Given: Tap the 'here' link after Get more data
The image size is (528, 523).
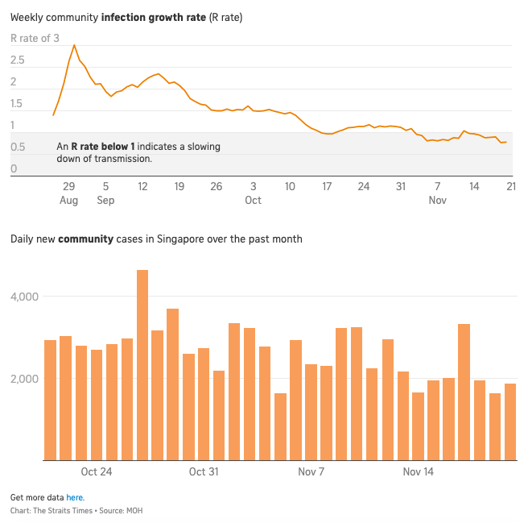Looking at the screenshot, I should tap(75, 497).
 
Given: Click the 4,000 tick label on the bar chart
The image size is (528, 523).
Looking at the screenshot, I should tap(25, 297).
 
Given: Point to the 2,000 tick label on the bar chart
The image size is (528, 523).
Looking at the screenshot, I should tap(25, 379).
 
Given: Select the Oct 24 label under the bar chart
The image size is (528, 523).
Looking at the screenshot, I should tap(97, 471).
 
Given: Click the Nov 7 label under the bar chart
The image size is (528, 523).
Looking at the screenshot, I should tap(311, 471).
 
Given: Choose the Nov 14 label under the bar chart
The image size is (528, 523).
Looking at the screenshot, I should tap(419, 471).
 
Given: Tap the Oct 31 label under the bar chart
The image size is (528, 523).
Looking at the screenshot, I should tap(204, 471).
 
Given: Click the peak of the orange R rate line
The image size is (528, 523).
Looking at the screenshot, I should tap(74, 45).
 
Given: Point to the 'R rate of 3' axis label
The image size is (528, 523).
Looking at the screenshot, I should tap(35, 38).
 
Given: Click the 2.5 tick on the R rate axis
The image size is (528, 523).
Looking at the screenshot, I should tap(18, 60).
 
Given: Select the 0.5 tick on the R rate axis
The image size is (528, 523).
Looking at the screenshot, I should tap(18, 147).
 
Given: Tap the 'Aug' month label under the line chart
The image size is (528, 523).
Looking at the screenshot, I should tap(68, 201).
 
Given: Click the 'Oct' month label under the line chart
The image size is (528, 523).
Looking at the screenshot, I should tap(253, 201).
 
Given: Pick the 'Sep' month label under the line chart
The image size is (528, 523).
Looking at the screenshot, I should tap(105, 201).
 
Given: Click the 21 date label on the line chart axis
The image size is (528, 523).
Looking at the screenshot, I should tap(510, 186).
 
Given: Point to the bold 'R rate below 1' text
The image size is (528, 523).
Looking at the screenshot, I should tap(103, 147).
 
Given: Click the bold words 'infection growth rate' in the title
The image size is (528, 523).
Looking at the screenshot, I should tap(153, 17).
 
